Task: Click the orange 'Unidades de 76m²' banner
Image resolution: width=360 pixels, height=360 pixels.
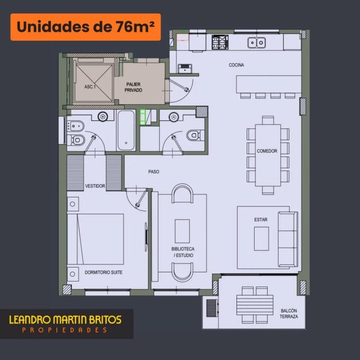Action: [x=85, y=27]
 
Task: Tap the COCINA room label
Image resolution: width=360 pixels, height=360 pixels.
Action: [x=236, y=65]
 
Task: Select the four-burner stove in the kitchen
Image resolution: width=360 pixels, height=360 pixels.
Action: [x=220, y=42]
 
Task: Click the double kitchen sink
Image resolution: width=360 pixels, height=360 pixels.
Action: [x=257, y=42]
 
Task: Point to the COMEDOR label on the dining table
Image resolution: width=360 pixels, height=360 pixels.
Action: [x=267, y=151]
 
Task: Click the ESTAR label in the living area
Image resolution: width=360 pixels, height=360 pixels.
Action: [x=261, y=220]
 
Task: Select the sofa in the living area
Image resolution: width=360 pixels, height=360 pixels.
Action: [x=288, y=239]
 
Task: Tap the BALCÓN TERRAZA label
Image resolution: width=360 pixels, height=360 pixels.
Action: [x=289, y=314]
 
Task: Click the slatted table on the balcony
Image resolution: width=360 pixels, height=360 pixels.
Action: [x=255, y=305]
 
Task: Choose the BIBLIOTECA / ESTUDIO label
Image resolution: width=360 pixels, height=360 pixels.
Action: [x=183, y=252]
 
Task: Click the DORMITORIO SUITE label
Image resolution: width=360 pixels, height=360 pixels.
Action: [x=103, y=272]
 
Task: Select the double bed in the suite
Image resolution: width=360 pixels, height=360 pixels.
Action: [x=95, y=239]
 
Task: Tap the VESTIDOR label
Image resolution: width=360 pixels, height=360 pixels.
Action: [x=95, y=186]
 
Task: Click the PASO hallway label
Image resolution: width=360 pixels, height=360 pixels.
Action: [x=154, y=172]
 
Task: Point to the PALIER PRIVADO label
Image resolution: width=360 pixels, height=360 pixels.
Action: [x=133, y=87]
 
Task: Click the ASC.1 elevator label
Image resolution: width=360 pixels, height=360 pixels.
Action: [x=90, y=87]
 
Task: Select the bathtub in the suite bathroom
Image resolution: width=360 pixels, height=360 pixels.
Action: [x=126, y=130]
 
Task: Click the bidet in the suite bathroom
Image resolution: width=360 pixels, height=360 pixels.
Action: [x=76, y=126]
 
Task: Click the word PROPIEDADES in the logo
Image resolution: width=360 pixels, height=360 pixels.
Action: [x=64, y=330]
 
